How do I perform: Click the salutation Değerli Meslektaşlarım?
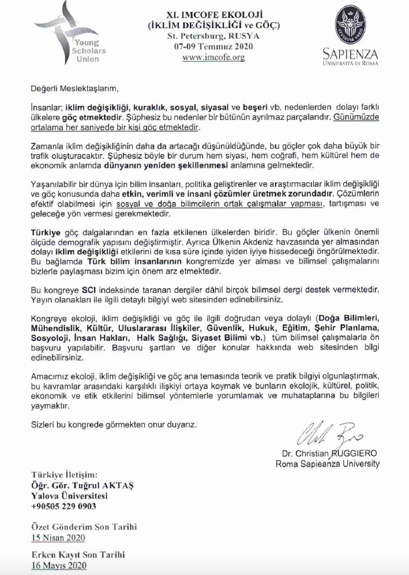coord(74,88)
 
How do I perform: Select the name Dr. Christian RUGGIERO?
coord(331,454)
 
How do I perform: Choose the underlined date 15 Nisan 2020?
coord(58,537)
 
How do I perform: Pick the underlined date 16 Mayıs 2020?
coord(59,566)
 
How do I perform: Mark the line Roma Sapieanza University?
coord(331,464)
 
